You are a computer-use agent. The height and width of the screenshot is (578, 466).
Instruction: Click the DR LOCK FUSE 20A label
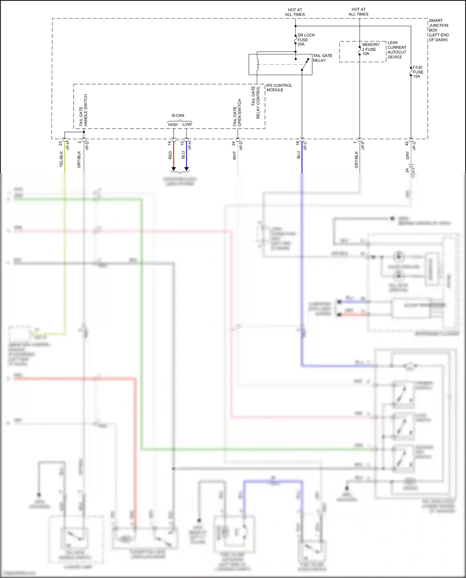pyautogui.click(x=306, y=40)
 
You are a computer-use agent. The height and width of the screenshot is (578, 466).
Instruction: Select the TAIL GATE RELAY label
pyautogui.click(x=322, y=58)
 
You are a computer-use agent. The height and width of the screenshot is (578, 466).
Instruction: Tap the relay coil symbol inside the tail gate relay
pyautogui.click(x=258, y=65)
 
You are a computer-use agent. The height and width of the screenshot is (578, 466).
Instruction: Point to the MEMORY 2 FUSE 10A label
pyautogui.click(x=370, y=49)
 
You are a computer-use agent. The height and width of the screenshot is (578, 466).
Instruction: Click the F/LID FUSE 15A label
pyautogui.click(x=418, y=72)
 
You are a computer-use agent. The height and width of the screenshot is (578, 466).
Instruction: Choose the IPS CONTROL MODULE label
pyautogui.click(x=279, y=88)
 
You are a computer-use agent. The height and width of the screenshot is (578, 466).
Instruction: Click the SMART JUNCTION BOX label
pyautogui.click(x=438, y=30)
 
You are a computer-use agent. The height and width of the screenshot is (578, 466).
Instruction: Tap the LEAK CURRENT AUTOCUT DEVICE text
pyautogui.click(x=397, y=50)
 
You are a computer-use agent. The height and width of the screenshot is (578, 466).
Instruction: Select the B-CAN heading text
pyautogui.click(x=178, y=115)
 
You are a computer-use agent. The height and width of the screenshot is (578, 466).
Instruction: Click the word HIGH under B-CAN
pyautogui.click(x=173, y=125)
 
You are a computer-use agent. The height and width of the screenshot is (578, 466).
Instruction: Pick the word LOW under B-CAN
pyautogui.click(x=187, y=124)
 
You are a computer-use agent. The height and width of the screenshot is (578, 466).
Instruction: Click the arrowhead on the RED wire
pyautogui.click(x=174, y=169)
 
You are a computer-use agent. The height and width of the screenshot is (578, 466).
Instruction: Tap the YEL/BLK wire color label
pyautogui.click(x=61, y=159)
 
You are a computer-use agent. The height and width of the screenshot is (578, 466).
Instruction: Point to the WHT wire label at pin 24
pyautogui.click(x=235, y=156)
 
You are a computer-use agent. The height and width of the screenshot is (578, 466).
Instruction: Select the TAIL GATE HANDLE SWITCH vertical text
pyautogui.click(x=83, y=110)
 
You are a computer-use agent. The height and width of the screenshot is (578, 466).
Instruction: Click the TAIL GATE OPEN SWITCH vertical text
pyautogui.click(x=237, y=113)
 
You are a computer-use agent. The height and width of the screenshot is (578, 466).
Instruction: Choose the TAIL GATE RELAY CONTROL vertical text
pyautogui.click(x=255, y=102)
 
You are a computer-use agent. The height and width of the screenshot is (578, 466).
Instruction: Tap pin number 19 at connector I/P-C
pyautogui.click(x=298, y=143)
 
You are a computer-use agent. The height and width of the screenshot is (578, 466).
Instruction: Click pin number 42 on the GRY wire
pyautogui.click(x=407, y=143)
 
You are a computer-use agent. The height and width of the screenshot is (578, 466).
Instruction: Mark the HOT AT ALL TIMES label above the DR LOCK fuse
pyautogui.click(x=295, y=12)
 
